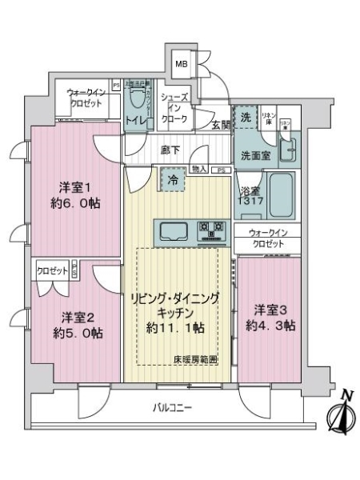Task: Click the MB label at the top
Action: (182, 65)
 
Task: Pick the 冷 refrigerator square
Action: (173, 180)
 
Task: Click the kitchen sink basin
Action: (176, 231)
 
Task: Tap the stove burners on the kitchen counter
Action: (214, 231)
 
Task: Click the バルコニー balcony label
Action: (174, 409)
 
